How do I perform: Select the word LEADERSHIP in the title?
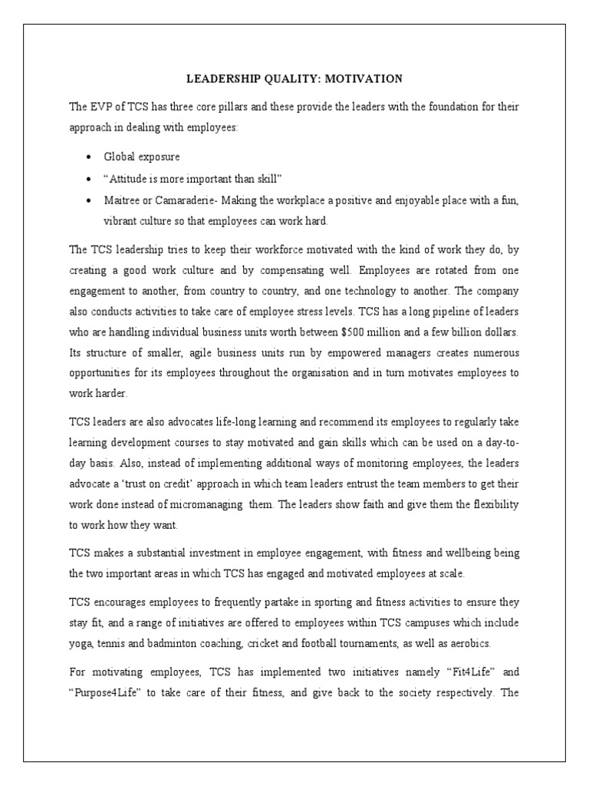click(225, 78)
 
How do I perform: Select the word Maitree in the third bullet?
click(123, 200)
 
